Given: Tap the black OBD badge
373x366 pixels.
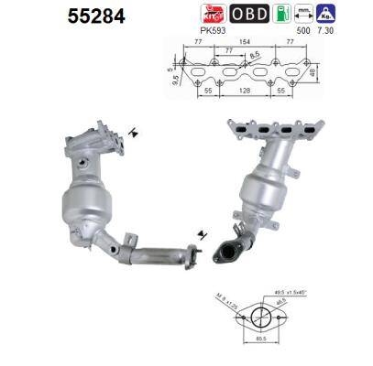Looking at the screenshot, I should (x=250, y=14).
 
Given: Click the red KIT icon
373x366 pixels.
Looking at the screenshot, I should (x=213, y=14).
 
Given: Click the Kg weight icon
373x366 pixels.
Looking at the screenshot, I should (x=325, y=14).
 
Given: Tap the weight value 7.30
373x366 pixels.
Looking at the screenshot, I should (x=325, y=30).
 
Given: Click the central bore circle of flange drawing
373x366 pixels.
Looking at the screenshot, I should (x=260, y=321).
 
